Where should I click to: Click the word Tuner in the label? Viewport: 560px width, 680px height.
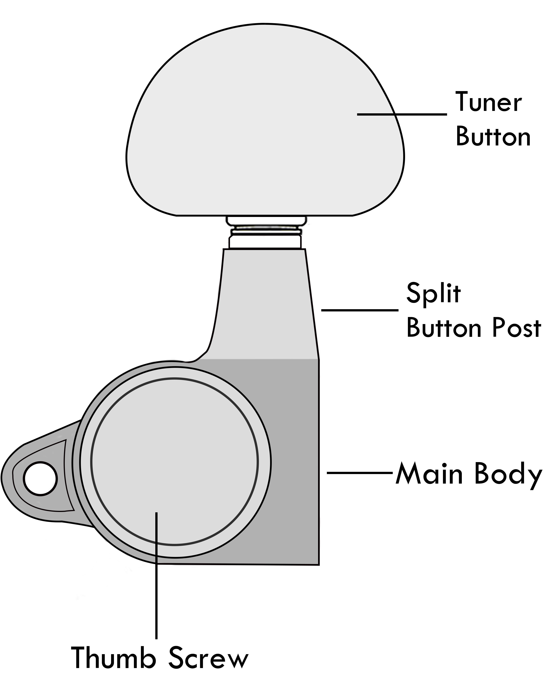[x=488, y=102]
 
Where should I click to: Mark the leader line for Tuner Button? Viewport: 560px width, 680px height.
[x=402, y=114]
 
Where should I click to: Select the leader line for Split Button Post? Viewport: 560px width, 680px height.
[x=360, y=310]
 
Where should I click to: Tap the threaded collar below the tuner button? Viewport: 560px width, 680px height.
[x=265, y=232]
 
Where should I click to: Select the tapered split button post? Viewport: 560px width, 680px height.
[x=265, y=303]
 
